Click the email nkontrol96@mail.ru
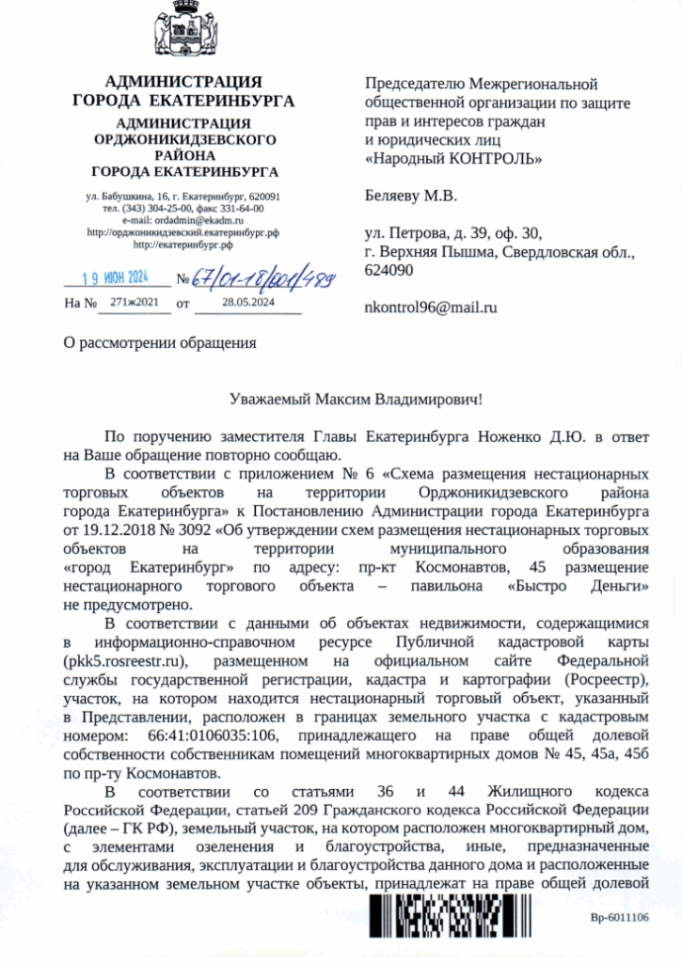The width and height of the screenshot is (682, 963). coord(430,308)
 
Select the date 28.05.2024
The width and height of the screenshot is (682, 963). coord(248,303)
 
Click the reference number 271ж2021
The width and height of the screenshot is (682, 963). coord(135,303)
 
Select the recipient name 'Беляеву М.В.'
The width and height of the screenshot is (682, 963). coord(410,197)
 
